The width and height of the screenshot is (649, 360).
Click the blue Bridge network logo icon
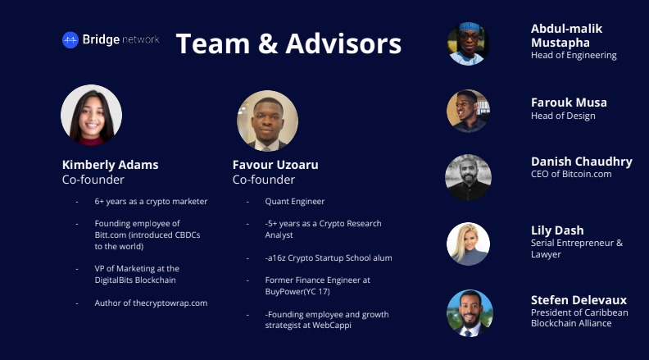pyautogui.click(x=70, y=40)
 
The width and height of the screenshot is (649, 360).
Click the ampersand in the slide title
pyautogui.click(x=268, y=43)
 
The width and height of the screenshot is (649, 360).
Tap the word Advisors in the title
pyautogui.click(x=343, y=43)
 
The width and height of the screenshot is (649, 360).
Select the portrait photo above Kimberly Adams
pyautogui.click(x=92, y=115)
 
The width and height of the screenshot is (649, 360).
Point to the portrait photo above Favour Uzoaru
pyautogui.click(x=267, y=121)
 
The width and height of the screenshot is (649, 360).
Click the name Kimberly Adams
pyautogui.click(x=110, y=165)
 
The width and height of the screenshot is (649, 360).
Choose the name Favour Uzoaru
pyautogui.click(x=275, y=165)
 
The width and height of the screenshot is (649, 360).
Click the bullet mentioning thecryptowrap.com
pyautogui.click(x=151, y=303)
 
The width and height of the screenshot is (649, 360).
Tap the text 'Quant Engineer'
pyautogui.click(x=295, y=202)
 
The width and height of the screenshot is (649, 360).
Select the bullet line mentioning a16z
pyautogui.click(x=329, y=257)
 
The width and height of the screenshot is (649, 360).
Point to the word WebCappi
pyautogui.click(x=332, y=326)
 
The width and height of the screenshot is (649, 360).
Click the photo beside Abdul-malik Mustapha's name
pyautogui.click(x=468, y=43)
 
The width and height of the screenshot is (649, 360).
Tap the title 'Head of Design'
pyautogui.click(x=563, y=116)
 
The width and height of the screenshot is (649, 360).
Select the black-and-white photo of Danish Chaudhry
pyautogui.click(x=468, y=177)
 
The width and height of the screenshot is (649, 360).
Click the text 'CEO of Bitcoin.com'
pyautogui.click(x=571, y=174)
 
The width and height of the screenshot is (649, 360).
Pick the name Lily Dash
pyautogui.click(x=557, y=230)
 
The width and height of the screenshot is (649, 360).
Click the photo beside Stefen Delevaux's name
pyautogui.click(x=470, y=312)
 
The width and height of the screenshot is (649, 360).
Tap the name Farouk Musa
pyautogui.click(x=569, y=103)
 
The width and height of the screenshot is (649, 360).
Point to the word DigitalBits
pyautogui.click(x=114, y=280)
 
